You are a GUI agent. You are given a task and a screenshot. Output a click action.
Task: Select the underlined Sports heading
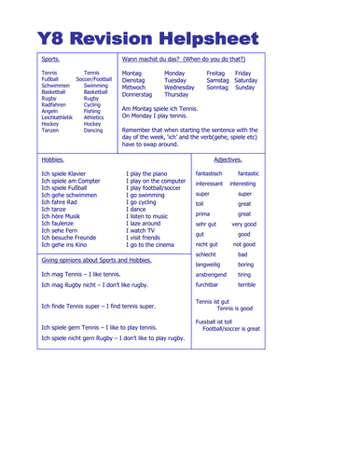(x=52, y=59)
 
